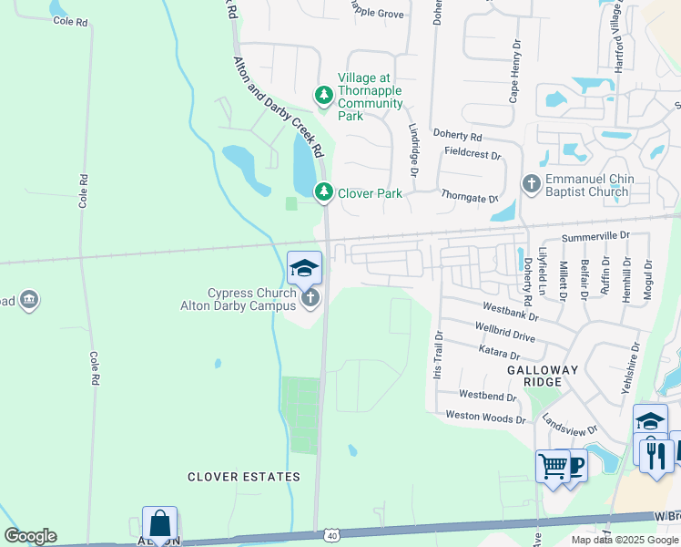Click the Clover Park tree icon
tap(323, 192)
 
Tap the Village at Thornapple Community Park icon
tap(323, 94)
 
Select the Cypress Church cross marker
tap(310, 296)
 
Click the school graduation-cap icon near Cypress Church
tap(304, 268)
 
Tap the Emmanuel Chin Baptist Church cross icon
tap(532, 184)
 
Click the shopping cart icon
tap(553, 467)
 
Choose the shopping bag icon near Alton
tap(159, 523)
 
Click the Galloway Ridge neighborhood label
tap(543, 376)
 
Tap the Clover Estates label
tap(244, 477)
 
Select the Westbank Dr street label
tap(511, 312)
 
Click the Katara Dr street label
tap(499, 353)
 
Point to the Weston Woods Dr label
tap(485, 418)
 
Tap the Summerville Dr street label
tap(595, 236)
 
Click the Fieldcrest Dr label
tap(471, 156)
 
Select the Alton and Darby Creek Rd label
tap(280, 105)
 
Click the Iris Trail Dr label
tap(438, 355)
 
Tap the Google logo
tap(30, 536)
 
